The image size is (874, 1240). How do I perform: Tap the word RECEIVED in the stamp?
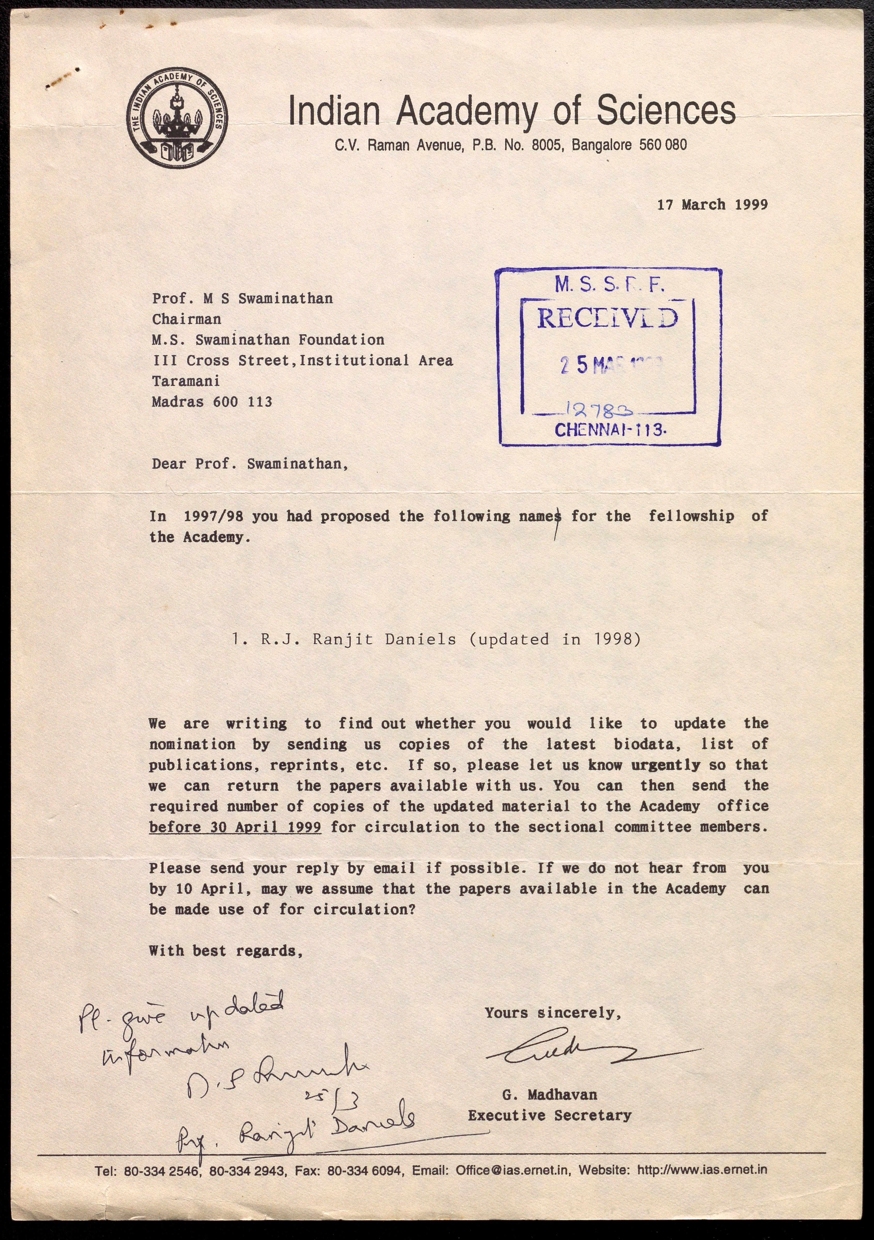tap(607, 319)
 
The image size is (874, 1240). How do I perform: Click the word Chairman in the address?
tap(186, 319)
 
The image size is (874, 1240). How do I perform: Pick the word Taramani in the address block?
tap(186, 381)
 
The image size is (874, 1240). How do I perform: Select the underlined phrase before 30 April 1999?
tap(235, 827)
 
